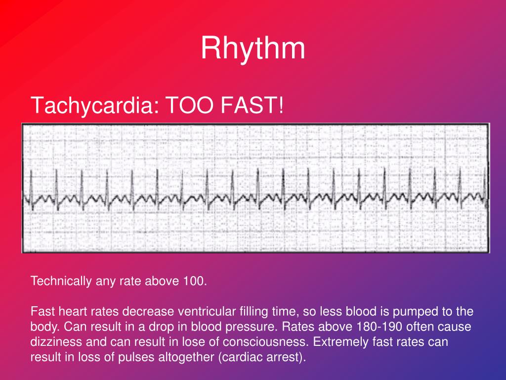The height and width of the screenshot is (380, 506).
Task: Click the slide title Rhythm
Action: tap(253, 49)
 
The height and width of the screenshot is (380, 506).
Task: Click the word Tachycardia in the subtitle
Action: tap(93, 105)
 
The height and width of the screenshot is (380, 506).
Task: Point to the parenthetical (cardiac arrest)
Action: tap(261, 358)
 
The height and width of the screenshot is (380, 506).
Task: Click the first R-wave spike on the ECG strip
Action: tap(31, 181)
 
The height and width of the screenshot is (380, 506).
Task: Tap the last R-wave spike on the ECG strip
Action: tap(485, 181)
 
